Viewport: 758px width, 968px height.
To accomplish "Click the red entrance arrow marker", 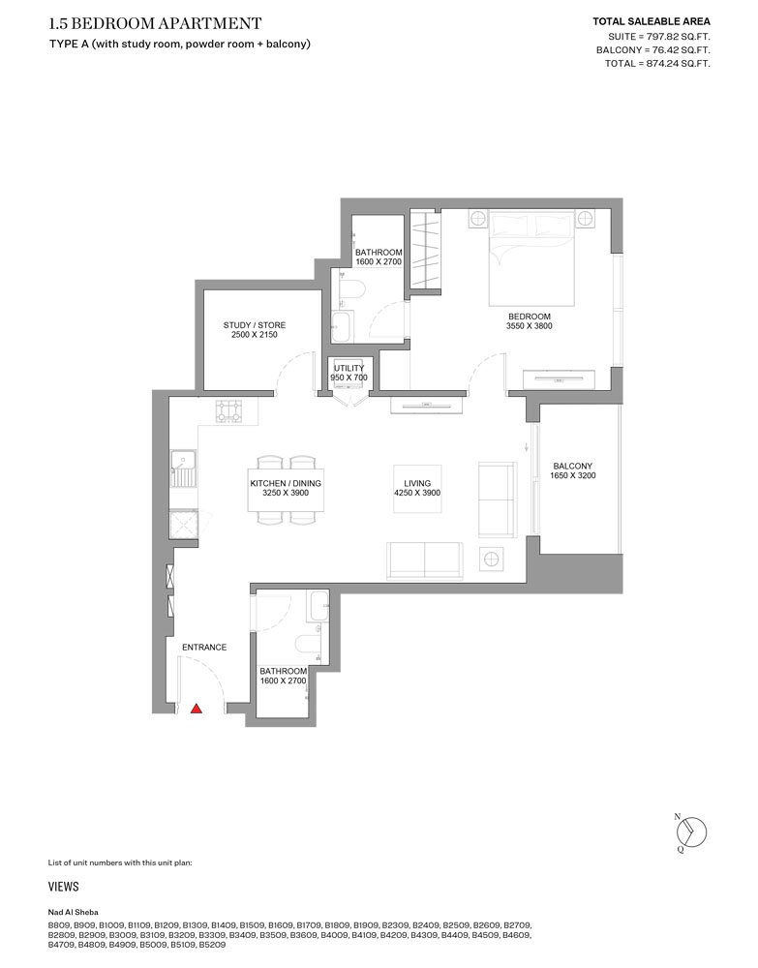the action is coord(197,709).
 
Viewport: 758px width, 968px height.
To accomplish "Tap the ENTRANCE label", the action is coord(204,647).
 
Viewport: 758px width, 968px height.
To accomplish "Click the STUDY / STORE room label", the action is coord(255,325).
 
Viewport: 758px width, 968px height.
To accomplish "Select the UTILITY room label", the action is coord(349,368).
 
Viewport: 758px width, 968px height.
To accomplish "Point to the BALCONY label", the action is coord(573,467).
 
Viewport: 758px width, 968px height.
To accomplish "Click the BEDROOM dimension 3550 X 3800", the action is coord(529,326).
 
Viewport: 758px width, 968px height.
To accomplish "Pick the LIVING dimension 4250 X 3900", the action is coord(417,493).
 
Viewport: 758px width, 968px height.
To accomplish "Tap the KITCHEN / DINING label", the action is coord(286,483).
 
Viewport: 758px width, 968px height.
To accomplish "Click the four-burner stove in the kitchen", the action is coord(229,411).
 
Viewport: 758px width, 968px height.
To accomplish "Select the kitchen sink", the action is coord(184,469).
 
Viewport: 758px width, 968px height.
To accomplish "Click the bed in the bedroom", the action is coord(531,257).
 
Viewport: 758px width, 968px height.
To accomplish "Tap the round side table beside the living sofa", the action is coord(492,560).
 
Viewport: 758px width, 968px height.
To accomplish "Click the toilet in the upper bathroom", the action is coord(350,290).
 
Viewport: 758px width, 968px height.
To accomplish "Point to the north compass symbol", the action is coord(690,832).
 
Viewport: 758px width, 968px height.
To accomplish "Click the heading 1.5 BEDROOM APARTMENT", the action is coord(155,23).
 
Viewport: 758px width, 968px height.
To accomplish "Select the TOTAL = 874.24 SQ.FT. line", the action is coord(657,64).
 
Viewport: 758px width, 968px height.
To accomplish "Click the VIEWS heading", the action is coord(64,887).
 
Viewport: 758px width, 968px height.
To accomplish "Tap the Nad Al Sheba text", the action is coord(73,912).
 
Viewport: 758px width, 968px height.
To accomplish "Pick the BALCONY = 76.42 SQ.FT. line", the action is coord(653,50).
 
